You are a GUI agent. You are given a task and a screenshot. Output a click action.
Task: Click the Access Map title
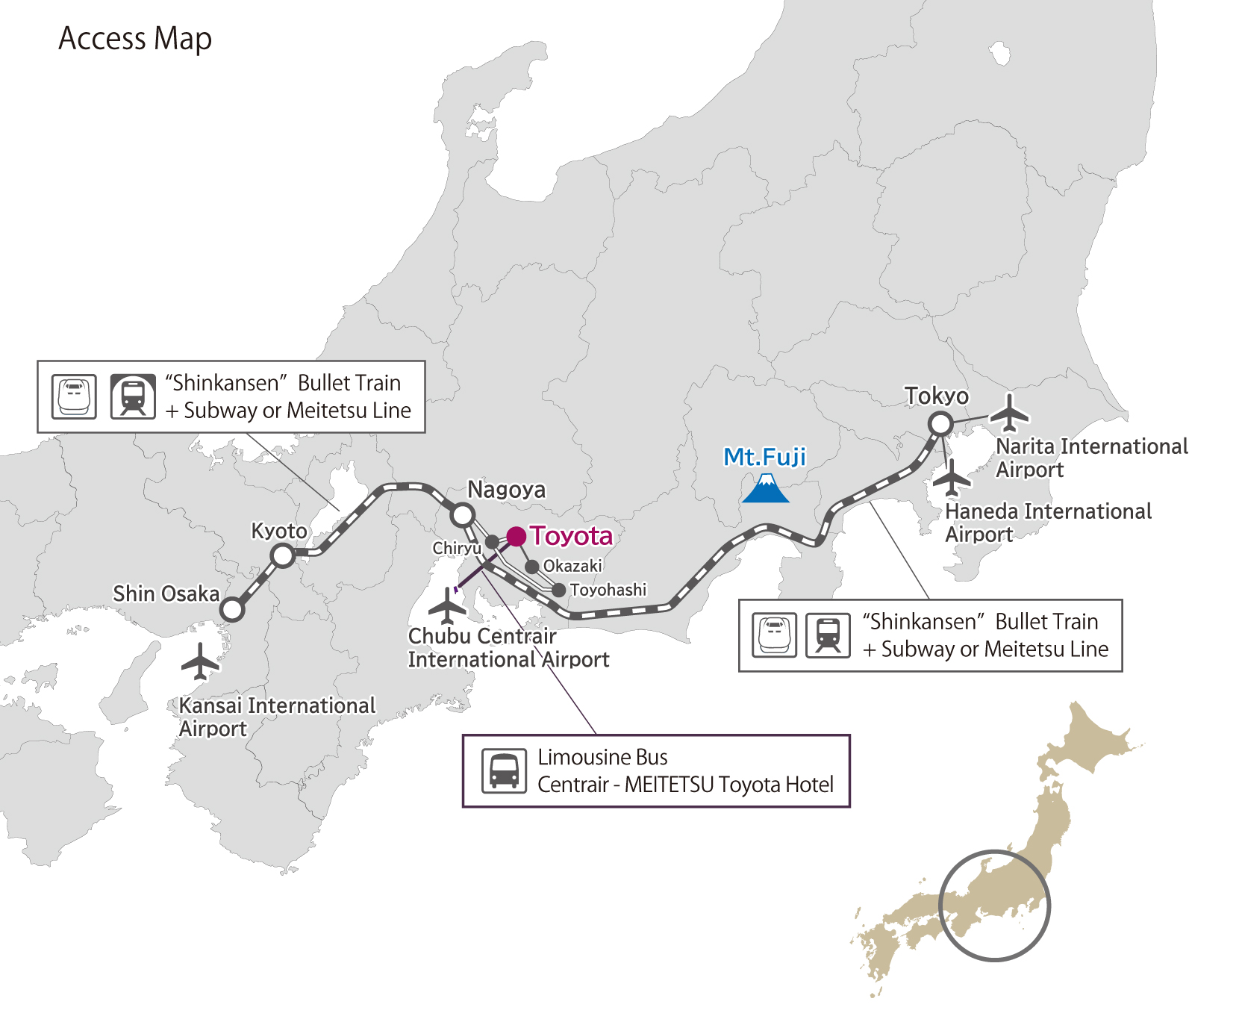point(135,39)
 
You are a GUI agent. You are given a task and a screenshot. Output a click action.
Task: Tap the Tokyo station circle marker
point(940,424)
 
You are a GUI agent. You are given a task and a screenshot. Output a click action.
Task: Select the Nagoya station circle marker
point(463,514)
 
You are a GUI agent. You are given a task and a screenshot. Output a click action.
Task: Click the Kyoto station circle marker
point(283,555)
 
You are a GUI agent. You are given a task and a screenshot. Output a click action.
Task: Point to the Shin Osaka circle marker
point(233,609)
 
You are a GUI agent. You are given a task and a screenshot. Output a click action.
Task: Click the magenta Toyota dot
point(516,536)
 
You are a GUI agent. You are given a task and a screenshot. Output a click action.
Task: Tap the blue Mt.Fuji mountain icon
point(766,488)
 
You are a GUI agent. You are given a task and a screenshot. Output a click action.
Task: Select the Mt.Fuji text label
point(765,457)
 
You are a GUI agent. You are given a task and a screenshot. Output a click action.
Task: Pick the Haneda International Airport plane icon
point(952,478)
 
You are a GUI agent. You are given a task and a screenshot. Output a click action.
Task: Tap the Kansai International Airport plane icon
point(200,661)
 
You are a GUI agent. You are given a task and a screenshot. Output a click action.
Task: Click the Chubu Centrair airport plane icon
point(448,605)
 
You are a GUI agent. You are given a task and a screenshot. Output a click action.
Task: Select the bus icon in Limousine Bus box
point(504,770)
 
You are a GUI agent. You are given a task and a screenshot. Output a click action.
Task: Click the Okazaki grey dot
point(532,567)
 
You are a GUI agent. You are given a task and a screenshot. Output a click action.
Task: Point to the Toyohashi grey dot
point(558,591)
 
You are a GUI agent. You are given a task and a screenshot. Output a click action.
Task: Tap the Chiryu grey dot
point(492,542)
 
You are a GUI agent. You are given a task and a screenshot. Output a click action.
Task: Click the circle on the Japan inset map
point(994,905)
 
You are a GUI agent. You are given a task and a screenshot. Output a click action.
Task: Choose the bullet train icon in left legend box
point(74,396)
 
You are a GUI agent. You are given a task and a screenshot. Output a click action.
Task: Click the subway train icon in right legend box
point(828,635)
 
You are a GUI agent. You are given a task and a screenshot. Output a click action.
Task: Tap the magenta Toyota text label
point(571,536)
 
